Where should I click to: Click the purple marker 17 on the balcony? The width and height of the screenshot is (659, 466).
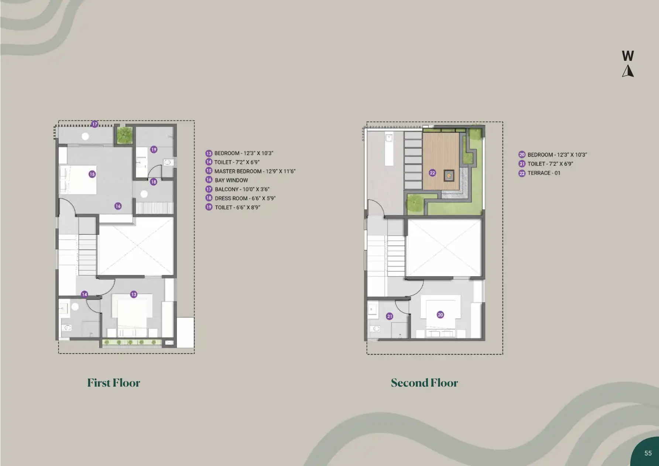pyautogui.click(x=95, y=124)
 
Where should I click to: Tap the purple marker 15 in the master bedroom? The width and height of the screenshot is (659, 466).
pyautogui.click(x=92, y=174)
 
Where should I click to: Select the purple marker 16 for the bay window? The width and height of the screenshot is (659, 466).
pyautogui.click(x=118, y=206)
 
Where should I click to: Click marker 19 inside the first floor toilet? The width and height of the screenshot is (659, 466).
pyautogui.click(x=154, y=150)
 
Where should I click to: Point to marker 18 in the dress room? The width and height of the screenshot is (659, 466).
pyautogui.click(x=154, y=182)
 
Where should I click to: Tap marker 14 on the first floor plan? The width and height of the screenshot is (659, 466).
pyautogui.click(x=85, y=294)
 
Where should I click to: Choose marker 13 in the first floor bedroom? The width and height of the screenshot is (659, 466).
pyautogui.click(x=134, y=294)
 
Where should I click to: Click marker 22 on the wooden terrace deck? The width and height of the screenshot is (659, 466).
pyautogui.click(x=432, y=173)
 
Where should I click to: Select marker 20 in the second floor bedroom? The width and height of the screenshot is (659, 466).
pyautogui.click(x=440, y=315)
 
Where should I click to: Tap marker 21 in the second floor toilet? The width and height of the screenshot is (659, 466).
pyautogui.click(x=389, y=316)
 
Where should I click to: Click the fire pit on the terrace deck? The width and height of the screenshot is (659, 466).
pyautogui.click(x=449, y=175)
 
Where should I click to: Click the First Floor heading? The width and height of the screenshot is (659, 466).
pyautogui.click(x=114, y=383)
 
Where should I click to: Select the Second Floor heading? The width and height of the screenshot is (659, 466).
pyautogui.click(x=424, y=383)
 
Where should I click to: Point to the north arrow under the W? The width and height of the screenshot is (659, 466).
pyautogui.click(x=628, y=71)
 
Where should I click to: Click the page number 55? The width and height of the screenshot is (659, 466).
pyautogui.click(x=648, y=453)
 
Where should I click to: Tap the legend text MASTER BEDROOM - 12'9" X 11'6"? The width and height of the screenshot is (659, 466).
pyautogui.click(x=255, y=171)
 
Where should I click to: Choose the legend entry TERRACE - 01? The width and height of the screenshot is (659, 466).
pyautogui.click(x=544, y=173)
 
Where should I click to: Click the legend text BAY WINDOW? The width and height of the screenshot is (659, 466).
pyautogui.click(x=231, y=180)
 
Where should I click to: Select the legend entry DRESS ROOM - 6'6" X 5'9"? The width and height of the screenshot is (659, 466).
pyautogui.click(x=245, y=198)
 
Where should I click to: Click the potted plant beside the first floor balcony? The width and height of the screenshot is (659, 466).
pyautogui.click(x=125, y=135)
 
